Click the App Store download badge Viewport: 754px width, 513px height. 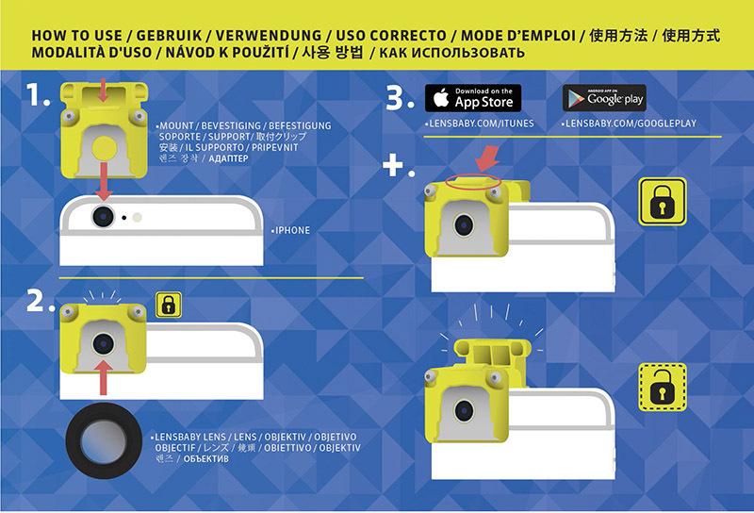473,98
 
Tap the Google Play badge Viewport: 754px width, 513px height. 604,98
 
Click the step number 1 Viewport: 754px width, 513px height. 38,94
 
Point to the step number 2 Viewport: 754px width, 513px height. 40,301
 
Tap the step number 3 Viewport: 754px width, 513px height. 400,98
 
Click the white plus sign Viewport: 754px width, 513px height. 393,166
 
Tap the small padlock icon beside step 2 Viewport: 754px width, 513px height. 169,305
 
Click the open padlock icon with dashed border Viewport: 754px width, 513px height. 663,388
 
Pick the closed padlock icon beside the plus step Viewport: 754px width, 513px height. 663,202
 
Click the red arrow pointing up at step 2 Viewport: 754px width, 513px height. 103,377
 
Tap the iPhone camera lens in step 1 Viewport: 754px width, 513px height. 103,217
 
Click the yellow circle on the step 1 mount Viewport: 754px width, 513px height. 103,148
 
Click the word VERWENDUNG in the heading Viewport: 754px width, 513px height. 269,36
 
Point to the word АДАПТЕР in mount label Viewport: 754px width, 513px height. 228,158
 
